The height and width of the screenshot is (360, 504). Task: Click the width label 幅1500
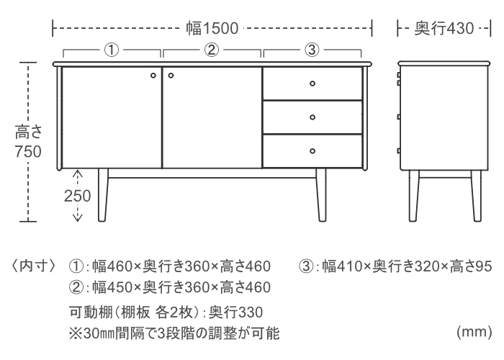[x=212, y=28]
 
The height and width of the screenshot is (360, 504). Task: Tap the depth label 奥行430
[x=444, y=28]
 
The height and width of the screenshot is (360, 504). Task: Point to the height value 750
[x=28, y=152]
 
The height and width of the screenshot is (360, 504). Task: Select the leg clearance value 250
[x=78, y=196]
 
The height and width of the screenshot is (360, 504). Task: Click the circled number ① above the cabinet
[x=112, y=50]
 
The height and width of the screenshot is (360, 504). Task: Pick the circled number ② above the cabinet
[x=212, y=50]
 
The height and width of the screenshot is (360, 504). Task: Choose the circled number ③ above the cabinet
[x=312, y=50]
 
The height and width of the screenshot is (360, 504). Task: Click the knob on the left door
[x=153, y=76]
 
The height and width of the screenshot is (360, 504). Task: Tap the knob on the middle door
[x=171, y=76]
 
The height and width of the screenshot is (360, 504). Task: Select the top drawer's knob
[x=312, y=84]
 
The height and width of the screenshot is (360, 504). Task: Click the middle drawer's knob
[x=312, y=117]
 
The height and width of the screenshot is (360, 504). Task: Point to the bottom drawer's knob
[x=312, y=151]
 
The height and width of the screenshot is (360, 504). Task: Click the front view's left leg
[x=102, y=195]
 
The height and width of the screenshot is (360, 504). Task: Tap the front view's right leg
[x=321, y=195]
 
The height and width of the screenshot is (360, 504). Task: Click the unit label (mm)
[x=474, y=332]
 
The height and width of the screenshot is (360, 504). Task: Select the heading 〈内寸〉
[x=34, y=266]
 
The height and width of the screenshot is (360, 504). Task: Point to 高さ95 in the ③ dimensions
[x=471, y=266]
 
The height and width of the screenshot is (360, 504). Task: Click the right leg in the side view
[x=477, y=196]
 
